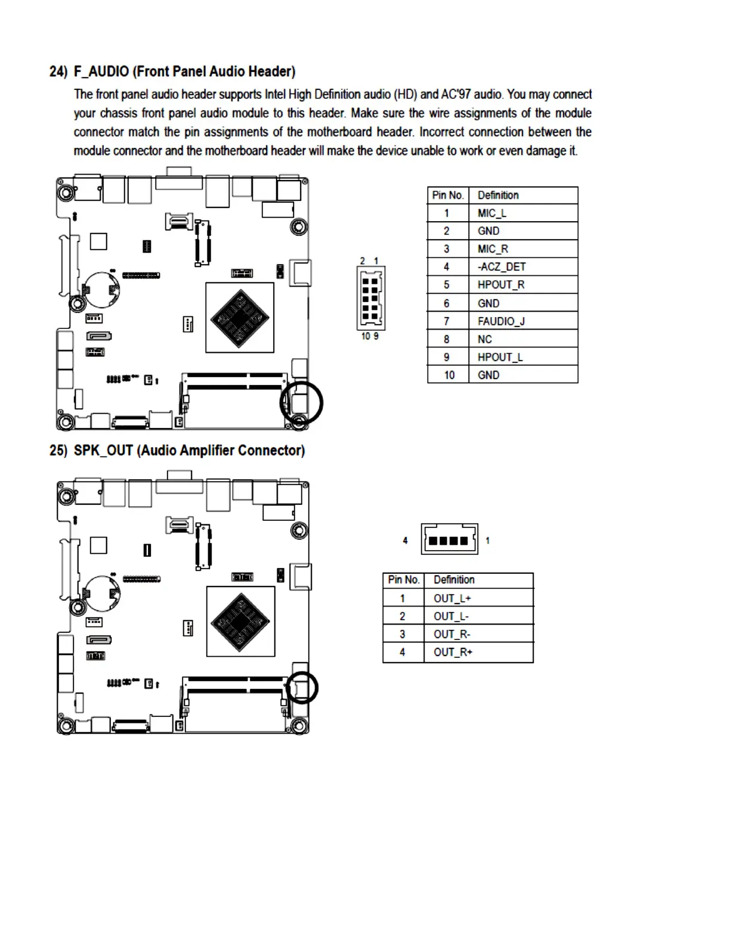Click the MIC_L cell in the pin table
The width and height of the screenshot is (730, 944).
pos(522,213)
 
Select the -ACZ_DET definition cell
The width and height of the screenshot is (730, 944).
pos(522,267)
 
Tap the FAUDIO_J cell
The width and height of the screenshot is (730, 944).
pos(522,321)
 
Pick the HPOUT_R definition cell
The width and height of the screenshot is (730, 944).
pos(522,285)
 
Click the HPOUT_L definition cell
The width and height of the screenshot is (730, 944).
pos(522,357)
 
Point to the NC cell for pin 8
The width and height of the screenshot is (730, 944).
pos(522,339)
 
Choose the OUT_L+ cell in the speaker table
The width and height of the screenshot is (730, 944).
pos(478,598)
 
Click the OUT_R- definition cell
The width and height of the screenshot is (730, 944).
pos(478,634)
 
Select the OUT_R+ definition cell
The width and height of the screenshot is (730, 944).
pos(478,652)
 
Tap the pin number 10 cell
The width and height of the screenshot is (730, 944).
pos(448,375)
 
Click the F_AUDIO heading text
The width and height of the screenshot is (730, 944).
pos(184,72)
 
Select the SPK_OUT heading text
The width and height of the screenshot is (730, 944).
pos(189,451)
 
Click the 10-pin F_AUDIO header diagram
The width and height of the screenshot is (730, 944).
pos(371,298)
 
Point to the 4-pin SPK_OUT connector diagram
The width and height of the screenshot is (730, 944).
pos(449,539)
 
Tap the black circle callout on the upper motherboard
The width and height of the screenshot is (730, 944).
pos(301,403)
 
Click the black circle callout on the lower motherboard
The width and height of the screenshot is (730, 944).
pos(302,688)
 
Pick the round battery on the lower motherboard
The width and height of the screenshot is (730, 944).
pos(101,594)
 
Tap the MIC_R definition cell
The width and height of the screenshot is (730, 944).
pos(522,249)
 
